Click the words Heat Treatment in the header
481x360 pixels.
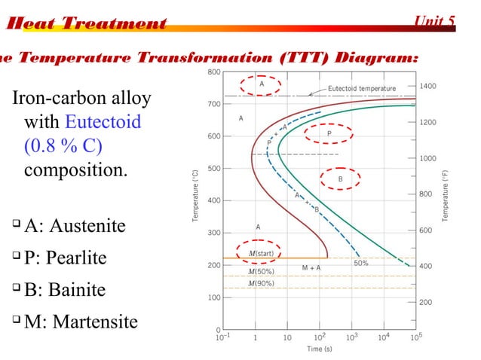(x=84, y=23)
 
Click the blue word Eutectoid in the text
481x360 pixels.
(x=103, y=121)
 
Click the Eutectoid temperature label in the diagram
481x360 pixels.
(x=361, y=89)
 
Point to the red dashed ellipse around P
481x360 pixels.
(x=329, y=133)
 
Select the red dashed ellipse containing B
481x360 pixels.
(x=340, y=179)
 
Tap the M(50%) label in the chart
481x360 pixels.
(x=261, y=271)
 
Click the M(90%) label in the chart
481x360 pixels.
(x=261, y=284)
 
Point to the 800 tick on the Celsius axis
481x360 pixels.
(x=213, y=72)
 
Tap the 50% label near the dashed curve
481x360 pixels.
(x=360, y=263)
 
